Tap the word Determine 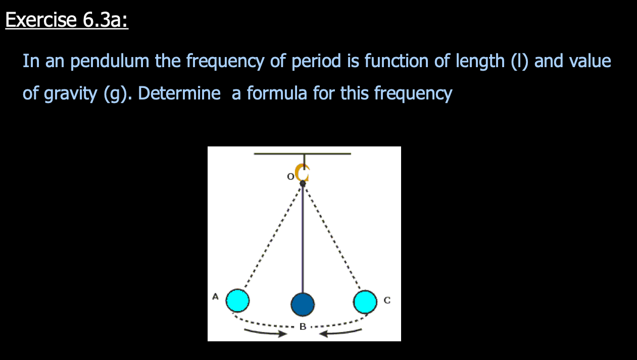click(179, 93)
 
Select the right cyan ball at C click(365, 301)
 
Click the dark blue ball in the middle click(303, 304)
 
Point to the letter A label click(215, 296)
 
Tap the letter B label click(303, 327)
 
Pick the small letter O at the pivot click(290, 177)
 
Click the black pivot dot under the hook click(303, 183)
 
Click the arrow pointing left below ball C click(344, 333)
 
